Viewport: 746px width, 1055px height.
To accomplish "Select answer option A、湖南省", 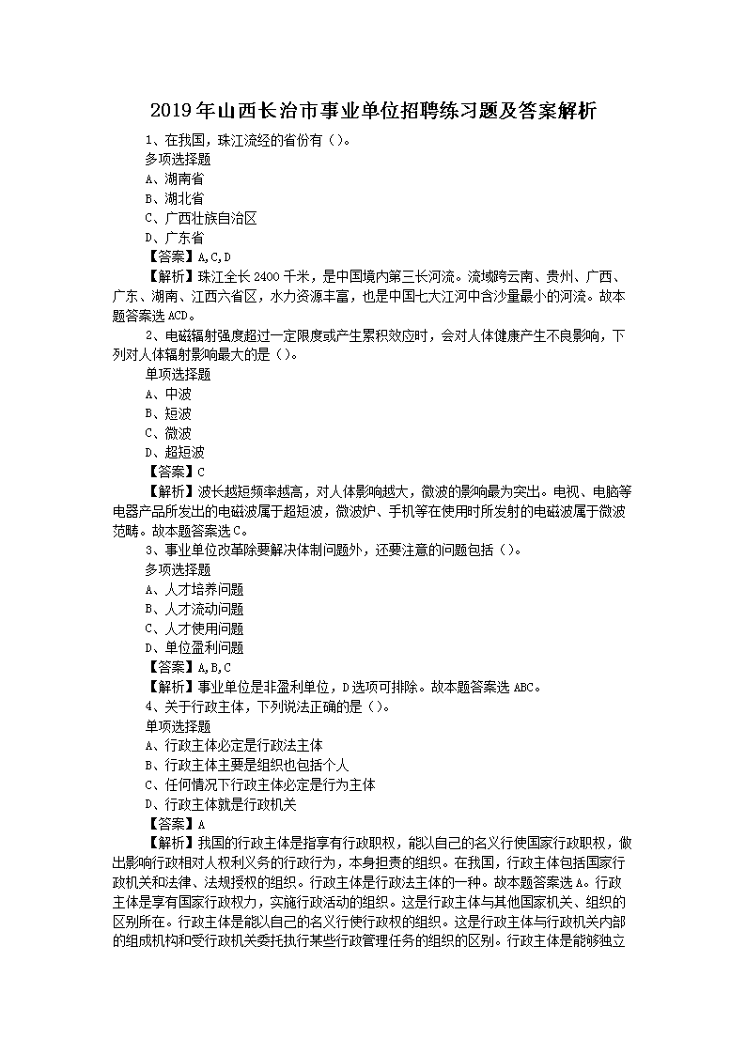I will tap(174, 178).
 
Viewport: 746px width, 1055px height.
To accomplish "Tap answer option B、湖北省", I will tap(174, 198).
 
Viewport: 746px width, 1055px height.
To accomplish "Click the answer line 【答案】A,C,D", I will tap(188, 256).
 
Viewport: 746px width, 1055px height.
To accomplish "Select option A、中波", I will tap(168, 394).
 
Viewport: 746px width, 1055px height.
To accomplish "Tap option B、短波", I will tap(168, 413).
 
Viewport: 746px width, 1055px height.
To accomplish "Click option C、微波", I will tap(168, 433).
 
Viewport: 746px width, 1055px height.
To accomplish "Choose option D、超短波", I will tap(174, 453).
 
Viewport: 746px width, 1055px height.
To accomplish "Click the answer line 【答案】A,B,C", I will tap(188, 667).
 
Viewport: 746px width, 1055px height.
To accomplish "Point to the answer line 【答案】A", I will tap(175, 823).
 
